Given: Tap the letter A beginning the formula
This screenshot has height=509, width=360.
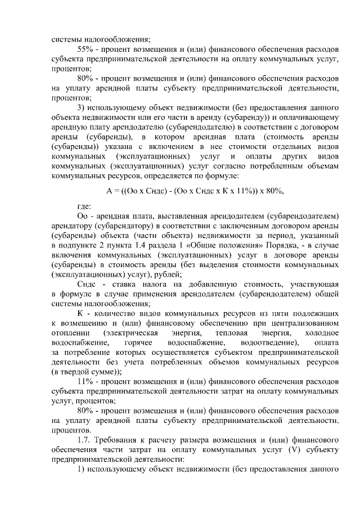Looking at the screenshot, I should pos(110,191).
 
